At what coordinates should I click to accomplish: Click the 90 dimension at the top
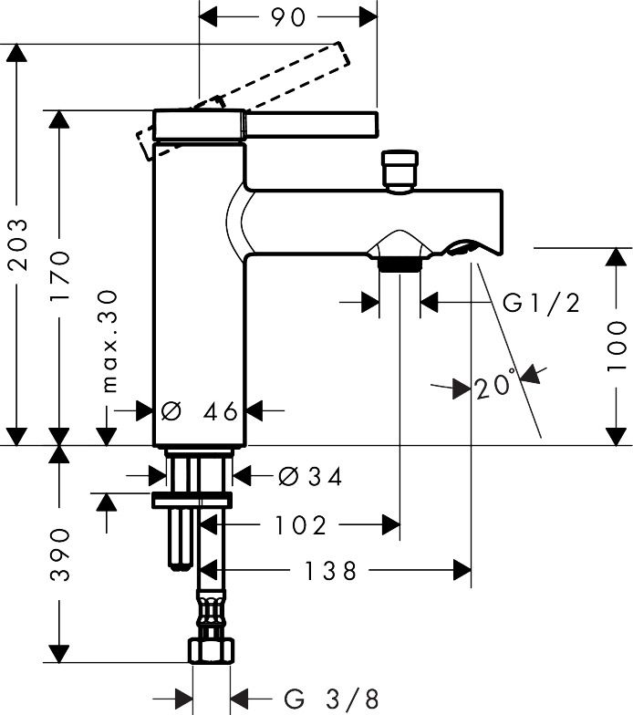pos(288,17)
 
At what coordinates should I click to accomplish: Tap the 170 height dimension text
pos(60,275)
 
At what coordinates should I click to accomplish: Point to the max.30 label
pos(109,341)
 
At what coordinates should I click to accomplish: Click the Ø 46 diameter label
pos(200,411)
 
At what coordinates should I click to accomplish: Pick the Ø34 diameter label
pos(310,477)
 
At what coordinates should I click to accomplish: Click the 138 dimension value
pos(330,571)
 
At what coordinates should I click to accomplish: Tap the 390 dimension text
pos(60,554)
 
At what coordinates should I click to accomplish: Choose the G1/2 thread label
pos(542,303)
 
